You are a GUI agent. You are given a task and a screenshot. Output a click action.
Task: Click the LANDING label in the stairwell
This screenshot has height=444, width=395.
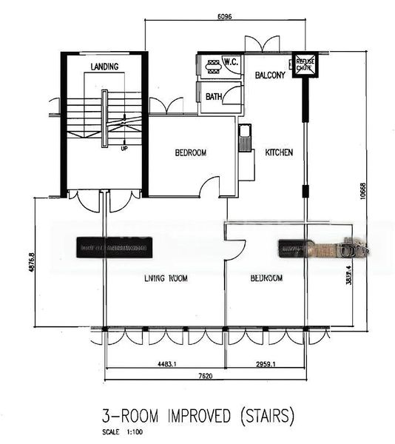pos(104,67)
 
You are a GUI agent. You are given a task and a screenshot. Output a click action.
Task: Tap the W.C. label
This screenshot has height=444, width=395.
pos(229,61)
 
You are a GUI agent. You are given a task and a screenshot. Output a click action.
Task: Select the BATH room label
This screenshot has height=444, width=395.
pos(214,96)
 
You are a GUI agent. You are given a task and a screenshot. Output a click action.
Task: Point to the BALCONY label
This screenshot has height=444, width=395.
pos(271,75)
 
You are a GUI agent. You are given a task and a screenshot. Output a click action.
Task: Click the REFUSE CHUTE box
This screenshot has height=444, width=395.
pos(305,64)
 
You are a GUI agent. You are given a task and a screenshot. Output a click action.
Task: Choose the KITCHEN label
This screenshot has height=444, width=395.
pos(279,152)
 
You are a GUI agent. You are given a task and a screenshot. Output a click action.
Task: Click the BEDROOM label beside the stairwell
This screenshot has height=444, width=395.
pos(190,153)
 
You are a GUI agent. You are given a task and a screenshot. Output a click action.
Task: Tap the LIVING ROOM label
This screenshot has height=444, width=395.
pos(165,279)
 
